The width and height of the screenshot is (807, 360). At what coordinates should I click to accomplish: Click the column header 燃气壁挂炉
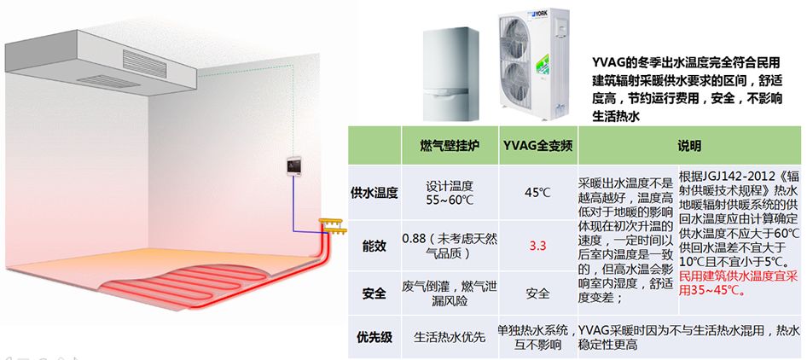pos(450,146)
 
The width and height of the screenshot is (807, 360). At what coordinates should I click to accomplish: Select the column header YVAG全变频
pos(537,146)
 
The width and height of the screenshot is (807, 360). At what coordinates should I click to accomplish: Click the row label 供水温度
pos(374,193)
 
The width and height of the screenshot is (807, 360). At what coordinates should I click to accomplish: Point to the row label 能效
pos(374,247)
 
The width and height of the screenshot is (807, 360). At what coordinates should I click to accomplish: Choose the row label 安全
pos(374,293)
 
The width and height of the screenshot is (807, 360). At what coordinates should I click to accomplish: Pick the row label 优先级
pos(374,337)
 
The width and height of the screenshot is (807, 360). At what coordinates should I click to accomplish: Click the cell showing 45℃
pos(537,193)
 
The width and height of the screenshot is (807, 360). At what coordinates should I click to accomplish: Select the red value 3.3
pos(537,247)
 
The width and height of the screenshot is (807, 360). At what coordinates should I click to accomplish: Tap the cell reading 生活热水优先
pos(450,337)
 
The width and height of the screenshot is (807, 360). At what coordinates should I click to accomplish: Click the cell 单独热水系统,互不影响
pos(537,337)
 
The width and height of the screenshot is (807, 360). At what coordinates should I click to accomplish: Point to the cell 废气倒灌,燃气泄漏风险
pos(450,293)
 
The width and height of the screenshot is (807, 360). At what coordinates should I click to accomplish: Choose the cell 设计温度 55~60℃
pos(450,193)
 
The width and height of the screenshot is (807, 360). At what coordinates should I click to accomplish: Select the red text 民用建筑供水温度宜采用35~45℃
pos(739,283)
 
